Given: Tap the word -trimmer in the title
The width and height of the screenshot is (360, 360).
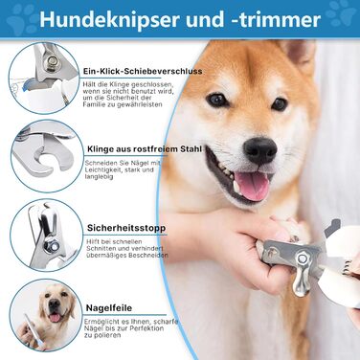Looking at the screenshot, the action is point(276,20).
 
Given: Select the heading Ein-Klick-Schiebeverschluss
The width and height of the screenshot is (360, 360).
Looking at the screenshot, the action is point(143,71).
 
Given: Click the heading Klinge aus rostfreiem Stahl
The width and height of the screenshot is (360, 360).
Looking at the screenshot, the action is point(145,149).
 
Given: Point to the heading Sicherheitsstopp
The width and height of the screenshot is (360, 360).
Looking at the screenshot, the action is point(126,228).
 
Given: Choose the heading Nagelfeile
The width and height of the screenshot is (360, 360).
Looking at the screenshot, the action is point(109,308).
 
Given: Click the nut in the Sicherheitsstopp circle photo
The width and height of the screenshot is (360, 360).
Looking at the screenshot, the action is point(51,245).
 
